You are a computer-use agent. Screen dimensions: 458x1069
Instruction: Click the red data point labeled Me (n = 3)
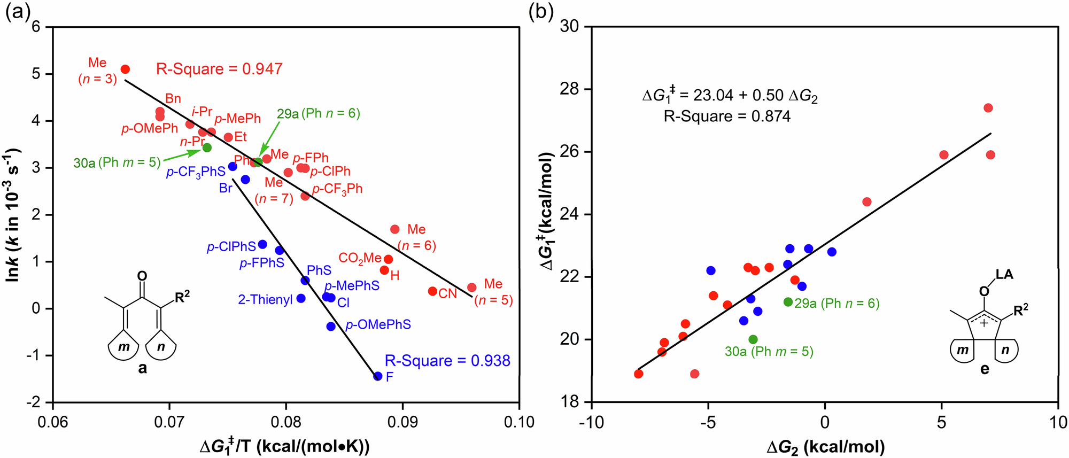tap(125, 69)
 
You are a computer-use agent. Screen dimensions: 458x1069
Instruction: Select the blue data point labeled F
tap(377, 376)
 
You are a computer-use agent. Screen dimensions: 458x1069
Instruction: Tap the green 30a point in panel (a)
tap(207, 148)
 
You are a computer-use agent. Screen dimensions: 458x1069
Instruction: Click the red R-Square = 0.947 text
tap(219, 69)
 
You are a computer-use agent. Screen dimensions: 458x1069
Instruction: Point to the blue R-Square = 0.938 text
tap(447, 361)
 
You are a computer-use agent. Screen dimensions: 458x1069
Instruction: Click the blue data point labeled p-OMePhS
tap(331, 327)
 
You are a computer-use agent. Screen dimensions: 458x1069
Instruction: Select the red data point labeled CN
tap(432, 291)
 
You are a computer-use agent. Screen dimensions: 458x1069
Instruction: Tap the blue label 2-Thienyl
tap(265, 300)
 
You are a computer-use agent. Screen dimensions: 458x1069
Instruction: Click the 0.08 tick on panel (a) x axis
tap(285, 422)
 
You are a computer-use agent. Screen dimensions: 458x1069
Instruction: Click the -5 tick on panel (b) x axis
tap(708, 422)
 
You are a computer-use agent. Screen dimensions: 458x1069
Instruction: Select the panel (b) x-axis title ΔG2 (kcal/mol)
tap(825, 447)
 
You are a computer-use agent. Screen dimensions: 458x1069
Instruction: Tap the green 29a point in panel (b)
tap(788, 302)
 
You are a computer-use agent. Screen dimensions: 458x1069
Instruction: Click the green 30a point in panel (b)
tap(753, 339)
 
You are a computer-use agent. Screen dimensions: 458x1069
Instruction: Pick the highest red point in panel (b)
tap(988, 108)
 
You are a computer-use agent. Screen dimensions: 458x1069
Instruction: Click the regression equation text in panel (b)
tap(730, 96)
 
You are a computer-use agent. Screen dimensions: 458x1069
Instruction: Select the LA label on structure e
tap(1004, 275)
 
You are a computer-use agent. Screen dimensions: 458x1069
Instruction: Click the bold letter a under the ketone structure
tap(142, 368)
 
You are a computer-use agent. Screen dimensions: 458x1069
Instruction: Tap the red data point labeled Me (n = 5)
tap(471, 288)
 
